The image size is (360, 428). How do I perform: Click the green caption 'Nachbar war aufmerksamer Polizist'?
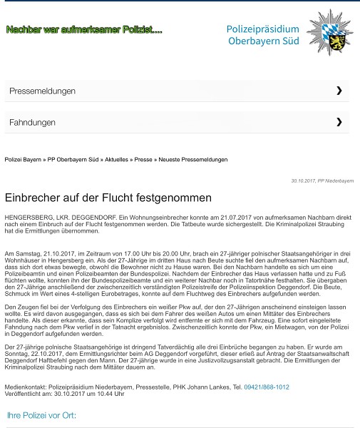(84, 30)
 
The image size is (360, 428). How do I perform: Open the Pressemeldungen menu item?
(42, 91)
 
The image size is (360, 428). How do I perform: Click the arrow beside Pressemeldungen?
(339, 91)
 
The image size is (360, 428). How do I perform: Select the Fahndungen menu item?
(32, 123)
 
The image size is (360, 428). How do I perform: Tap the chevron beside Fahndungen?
(339, 122)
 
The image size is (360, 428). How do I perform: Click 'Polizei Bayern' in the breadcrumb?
(22, 160)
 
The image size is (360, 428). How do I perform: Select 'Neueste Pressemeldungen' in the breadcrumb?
(193, 160)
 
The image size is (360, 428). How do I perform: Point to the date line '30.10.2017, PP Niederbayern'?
(322, 181)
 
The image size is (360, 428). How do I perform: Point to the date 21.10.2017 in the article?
(56, 253)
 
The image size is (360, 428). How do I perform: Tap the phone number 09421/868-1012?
(267, 387)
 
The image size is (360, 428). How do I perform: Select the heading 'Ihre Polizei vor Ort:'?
(41, 414)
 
